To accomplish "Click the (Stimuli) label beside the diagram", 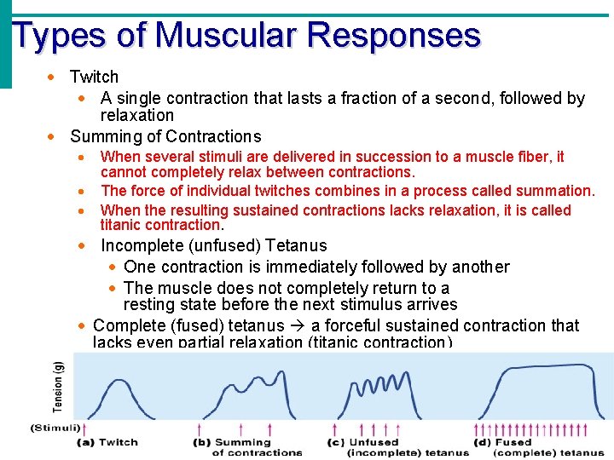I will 55,428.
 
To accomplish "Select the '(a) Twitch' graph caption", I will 107,442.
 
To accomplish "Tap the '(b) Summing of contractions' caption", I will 246,447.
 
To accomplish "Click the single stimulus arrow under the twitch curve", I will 85,428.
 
